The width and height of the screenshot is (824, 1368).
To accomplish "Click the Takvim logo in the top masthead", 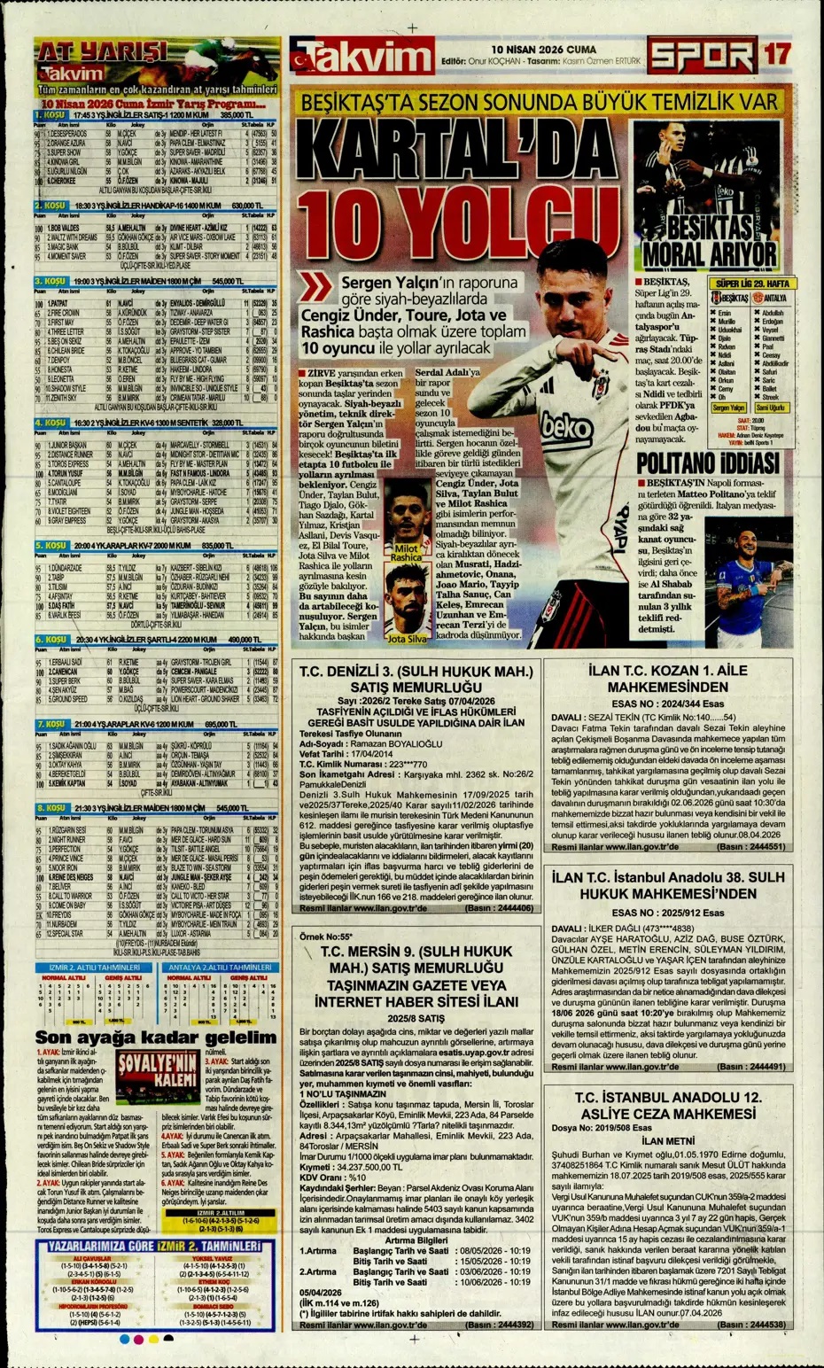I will tap(361, 56).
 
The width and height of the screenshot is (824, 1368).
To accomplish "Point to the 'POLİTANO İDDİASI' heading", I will tap(708, 462).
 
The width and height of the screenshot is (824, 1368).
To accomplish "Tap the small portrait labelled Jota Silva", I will tap(408, 603).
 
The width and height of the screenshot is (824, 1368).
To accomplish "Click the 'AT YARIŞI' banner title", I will tap(102, 52).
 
